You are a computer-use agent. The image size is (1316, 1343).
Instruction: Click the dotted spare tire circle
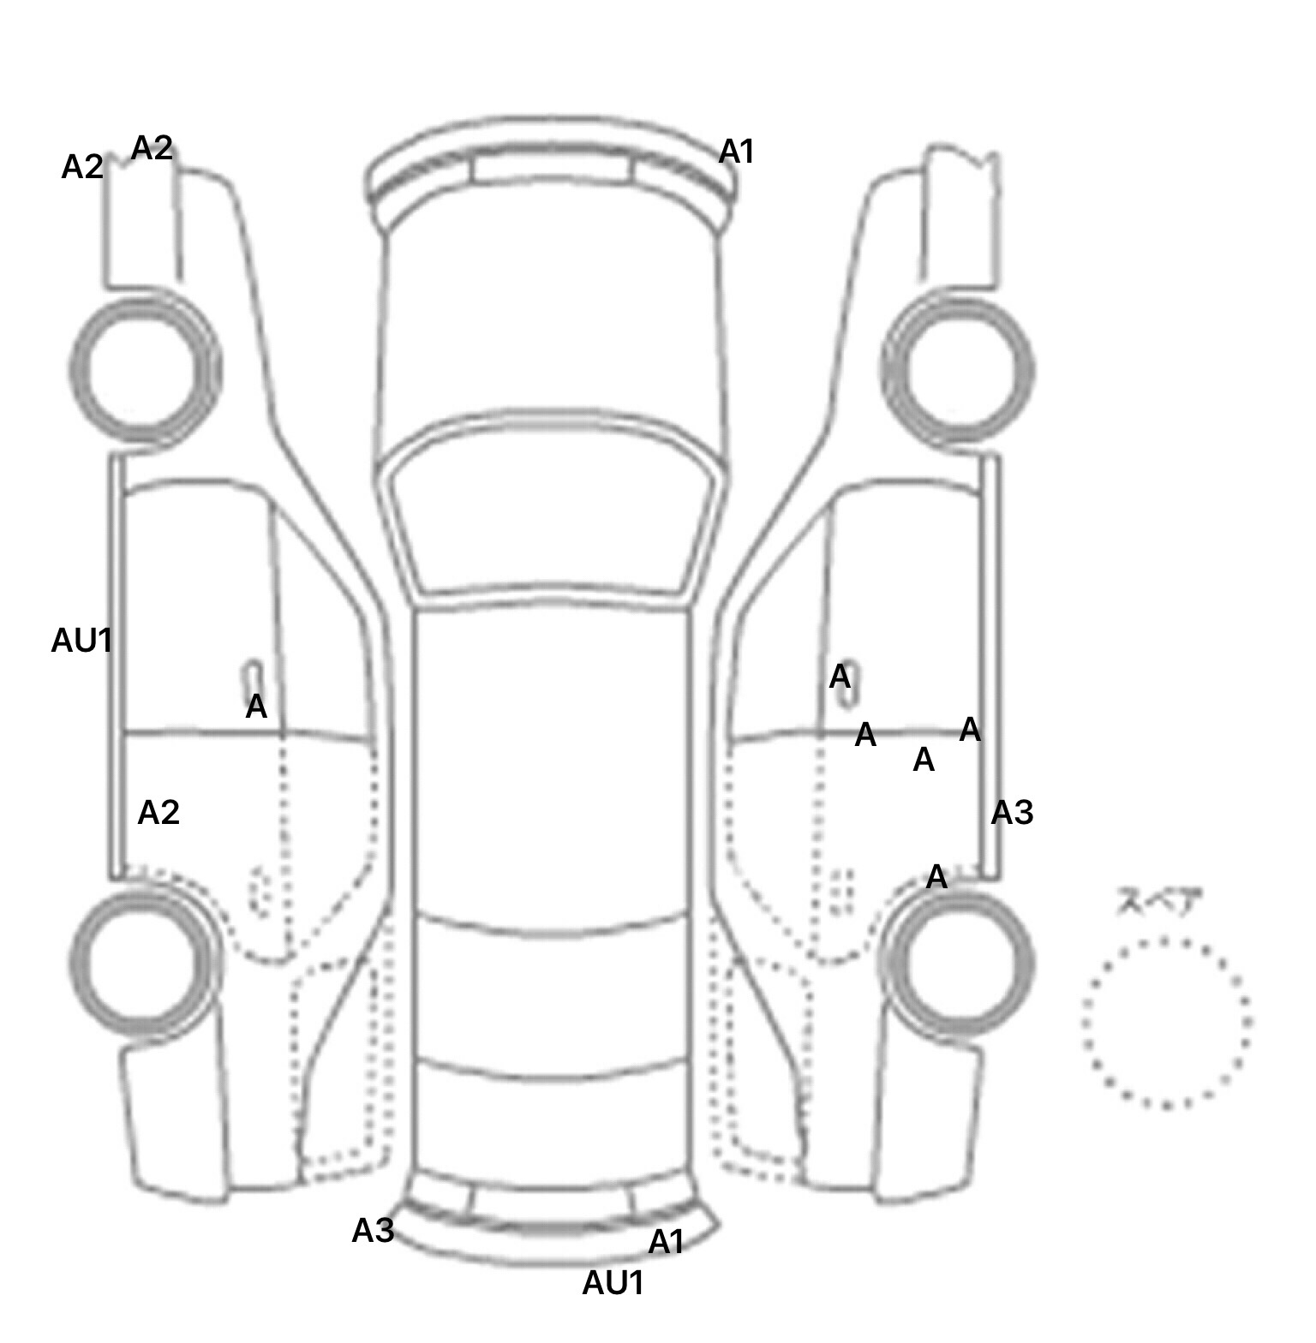point(1166,1023)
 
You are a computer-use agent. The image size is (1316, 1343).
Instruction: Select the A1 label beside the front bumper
point(736,152)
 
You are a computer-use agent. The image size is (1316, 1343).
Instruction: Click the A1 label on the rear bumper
point(666,1241)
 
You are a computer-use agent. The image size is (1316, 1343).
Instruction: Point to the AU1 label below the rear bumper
point(613,1282)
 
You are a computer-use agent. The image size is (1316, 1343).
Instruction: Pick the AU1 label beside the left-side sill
point(81,640)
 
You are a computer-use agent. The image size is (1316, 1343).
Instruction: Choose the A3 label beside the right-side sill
point(1012,812)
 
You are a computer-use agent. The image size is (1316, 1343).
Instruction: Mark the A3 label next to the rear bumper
point(373,1231)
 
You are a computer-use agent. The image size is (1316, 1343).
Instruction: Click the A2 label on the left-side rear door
point(159,812)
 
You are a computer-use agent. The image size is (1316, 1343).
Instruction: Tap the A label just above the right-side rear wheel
point(936,876)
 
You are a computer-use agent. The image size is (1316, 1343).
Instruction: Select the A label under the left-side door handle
point(255,707)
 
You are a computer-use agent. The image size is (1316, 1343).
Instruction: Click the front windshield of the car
point(552,505)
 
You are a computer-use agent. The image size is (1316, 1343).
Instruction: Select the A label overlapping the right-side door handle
point(840,677)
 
